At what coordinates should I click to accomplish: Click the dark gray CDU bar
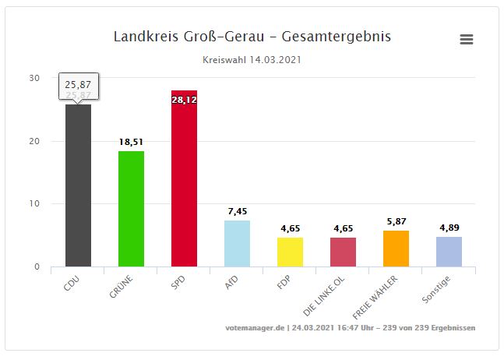pos(78,187)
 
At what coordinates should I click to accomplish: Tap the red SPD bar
pos(184,183)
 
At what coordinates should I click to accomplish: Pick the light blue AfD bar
pos(237,243)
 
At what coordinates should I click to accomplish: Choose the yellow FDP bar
pos(290,252)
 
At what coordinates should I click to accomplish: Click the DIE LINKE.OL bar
pos(343,252)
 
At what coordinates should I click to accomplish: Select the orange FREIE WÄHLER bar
pos(396,249)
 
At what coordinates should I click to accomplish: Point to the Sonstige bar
pos(449,251)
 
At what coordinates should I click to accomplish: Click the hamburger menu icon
pos(467,40)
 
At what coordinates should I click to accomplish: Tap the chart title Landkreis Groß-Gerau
pos(252,37)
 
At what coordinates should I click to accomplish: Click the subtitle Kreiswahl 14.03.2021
pos(252,59)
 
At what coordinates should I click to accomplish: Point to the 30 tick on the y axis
pos(35,78)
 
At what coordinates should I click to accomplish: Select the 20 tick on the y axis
pos(35,141)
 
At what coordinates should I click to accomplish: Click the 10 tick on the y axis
pos(35,204)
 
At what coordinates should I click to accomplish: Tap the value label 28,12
pos(184,100)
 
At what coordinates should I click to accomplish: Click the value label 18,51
pos(131,142)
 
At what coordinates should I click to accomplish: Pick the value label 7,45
pos(237,211)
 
